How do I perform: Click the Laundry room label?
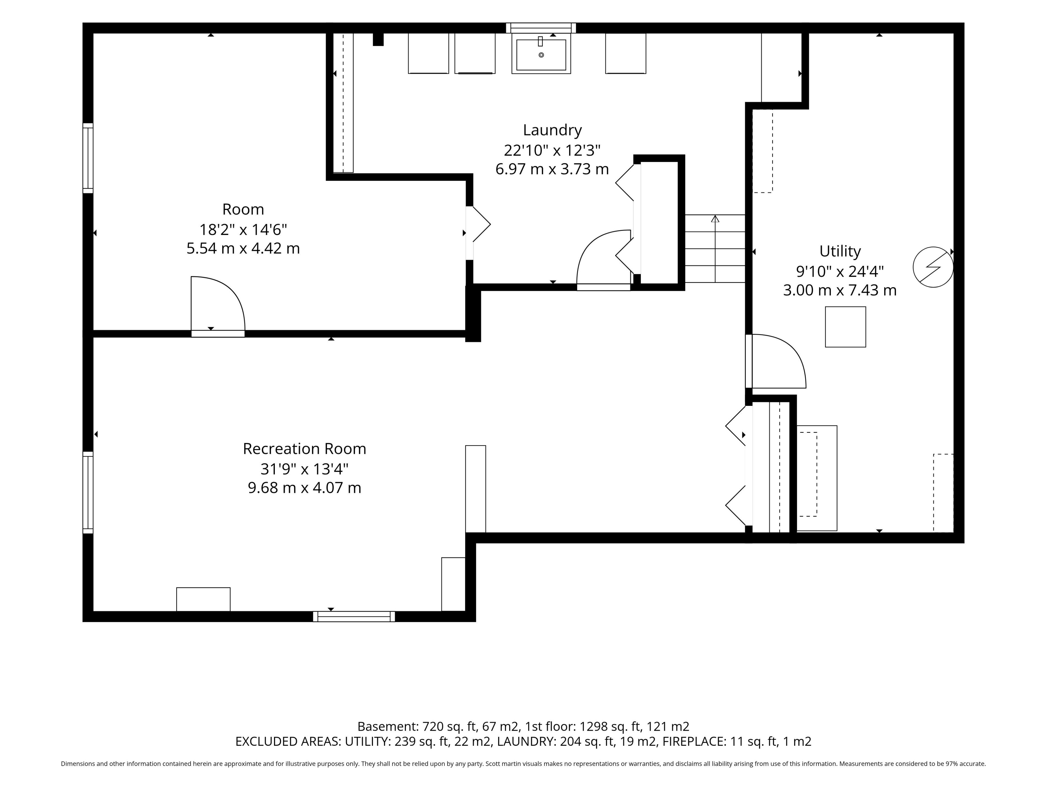[552, 130]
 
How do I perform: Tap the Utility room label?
[840, 251]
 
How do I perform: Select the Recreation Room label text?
[304, 449]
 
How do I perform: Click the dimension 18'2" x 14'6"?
[243, 230]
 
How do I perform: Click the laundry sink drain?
[541, 55]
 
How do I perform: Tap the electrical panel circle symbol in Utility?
[932, 267]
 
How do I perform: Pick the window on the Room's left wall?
[88, 158]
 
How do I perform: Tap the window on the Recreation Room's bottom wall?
[354, 616]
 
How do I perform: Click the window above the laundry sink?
[540, 28]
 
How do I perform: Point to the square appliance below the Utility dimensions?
[845, 327]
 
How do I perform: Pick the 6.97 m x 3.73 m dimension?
[552, 169]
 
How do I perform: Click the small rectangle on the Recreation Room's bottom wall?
[203, 599]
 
